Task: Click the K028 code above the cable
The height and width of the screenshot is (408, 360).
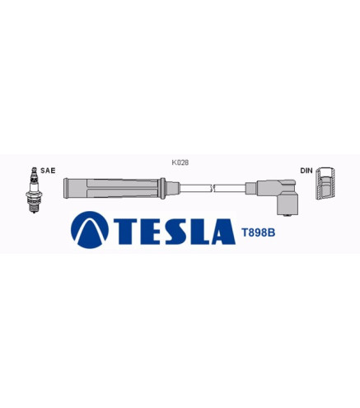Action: coord(180,162)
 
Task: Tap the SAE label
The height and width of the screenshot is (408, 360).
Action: coord(48,171)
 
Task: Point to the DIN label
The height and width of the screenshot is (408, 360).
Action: coord(306,171)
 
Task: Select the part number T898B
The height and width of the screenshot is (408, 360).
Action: coord(258,232)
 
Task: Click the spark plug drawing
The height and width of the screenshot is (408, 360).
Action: coord(34,190)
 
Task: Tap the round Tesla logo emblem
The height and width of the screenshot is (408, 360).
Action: coord(90,230)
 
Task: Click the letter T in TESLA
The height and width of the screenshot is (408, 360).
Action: coord(128,232)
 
